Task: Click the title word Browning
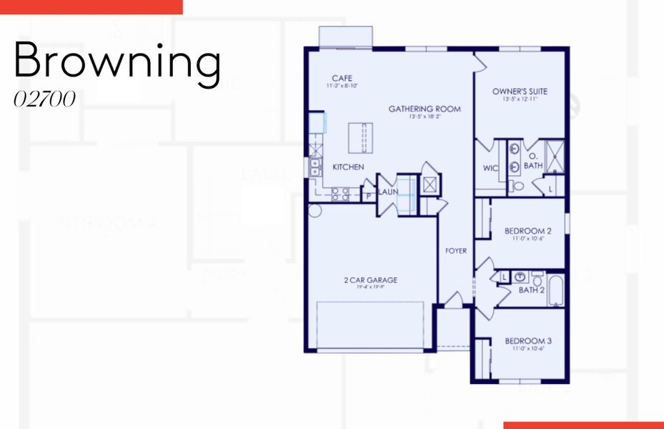(x=117, y=61)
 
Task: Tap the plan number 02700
(x=44, y=100)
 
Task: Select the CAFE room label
(x=342, y=79)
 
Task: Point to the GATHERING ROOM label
(x=425, y=109)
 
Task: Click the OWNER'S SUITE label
(x=520, y=92)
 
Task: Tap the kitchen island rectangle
(x=360, y=137)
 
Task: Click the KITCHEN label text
(x=348, y=167)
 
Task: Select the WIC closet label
(x=490, y=169)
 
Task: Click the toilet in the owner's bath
(x=517, y=185)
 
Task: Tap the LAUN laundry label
(x=388, y=192)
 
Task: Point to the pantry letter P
(x=369, y=194)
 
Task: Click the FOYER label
(x=456, y=251)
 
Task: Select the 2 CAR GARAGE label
(x=370, y=280)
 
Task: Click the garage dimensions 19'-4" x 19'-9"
(x=370, y=288)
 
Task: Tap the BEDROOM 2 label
(x=527, y=231)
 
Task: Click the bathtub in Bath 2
(x=556, y=290)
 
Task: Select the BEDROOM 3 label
(x=527, y=341)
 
